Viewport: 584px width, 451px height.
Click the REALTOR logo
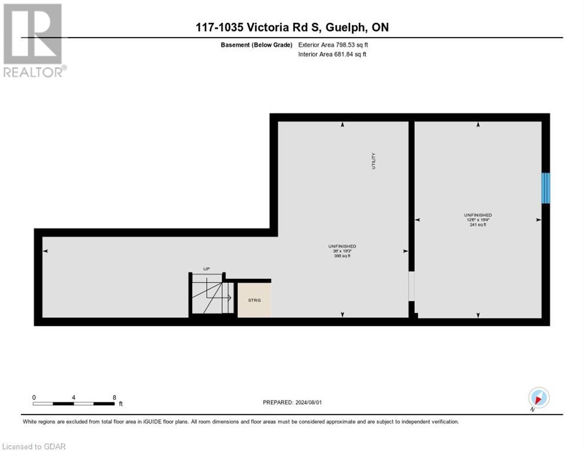pyautogui.click(x=33, y=41)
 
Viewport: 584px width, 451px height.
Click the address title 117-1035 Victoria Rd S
pyautogui.click(x=292, y=28)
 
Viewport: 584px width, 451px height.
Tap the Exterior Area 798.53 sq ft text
pyautogui.click(x=333, y=45)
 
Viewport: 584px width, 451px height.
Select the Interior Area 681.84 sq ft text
pyautogui.click(x=332, y=55)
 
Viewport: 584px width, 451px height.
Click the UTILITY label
pyautogui.click(x=373, y=161)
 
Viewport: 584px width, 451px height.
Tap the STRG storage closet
pyautogui.click(x=254, y=300)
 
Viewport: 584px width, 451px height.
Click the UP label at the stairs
pyautogui.click(x=206, y=269)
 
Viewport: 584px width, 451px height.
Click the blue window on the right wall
pyautogui.click(x=545, y=188)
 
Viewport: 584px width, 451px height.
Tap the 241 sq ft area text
pyautogui.click(x=477, y=225)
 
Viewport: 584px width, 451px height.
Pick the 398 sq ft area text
pyautogui.click(x=342, y=256)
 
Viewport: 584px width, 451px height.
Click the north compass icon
pyautogui.click(x=538, y=398)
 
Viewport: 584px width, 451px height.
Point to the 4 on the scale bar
pyautogui.click(x=73, y=398)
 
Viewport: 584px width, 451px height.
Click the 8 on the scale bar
pyautogui.click(x=114, y=398)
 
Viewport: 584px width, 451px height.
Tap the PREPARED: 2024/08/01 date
pyautogui.click(x=293, y=402)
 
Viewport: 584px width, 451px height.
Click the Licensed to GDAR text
pyautogui.click(x=34, y=446)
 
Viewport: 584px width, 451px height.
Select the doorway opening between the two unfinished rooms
pyautogui.click(x=411, y=286)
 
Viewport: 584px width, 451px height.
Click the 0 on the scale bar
pyautogui.click(x=34, y=398)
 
